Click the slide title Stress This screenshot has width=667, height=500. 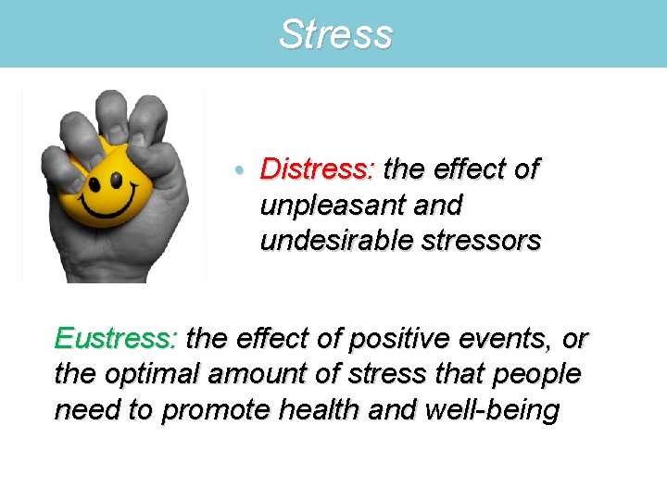pyautogui.click(x=335, y=35)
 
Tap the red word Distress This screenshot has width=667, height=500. pyautogui.click(x=316, y=169)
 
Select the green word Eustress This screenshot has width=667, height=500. pyautogui.click(x=115, y=340)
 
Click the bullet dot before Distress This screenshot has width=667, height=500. pyautogui.click(x=240, y=170)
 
